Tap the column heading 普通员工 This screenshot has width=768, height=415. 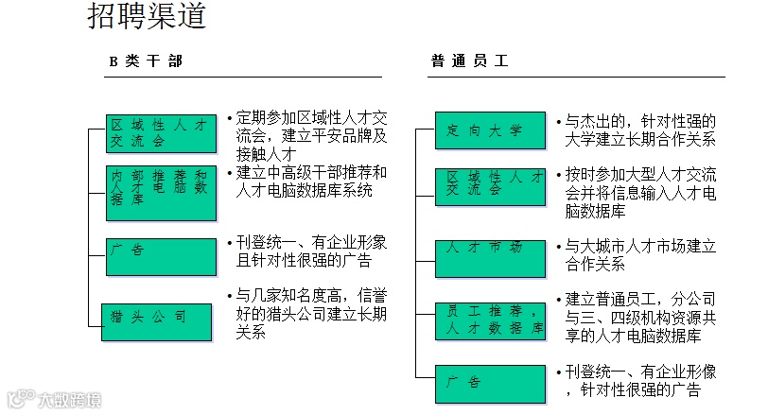[x=469, y=61]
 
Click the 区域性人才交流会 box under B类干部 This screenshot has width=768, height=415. [x=160, y=133]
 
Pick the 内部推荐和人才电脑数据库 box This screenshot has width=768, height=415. [x=160, y=189]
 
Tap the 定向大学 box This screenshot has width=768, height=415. [x=490, y=130]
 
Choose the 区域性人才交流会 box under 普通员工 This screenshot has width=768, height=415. [x=490, y=184]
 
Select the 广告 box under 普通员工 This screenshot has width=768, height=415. [x=490, y=380]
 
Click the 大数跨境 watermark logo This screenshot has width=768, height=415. [x=53, y=400]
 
